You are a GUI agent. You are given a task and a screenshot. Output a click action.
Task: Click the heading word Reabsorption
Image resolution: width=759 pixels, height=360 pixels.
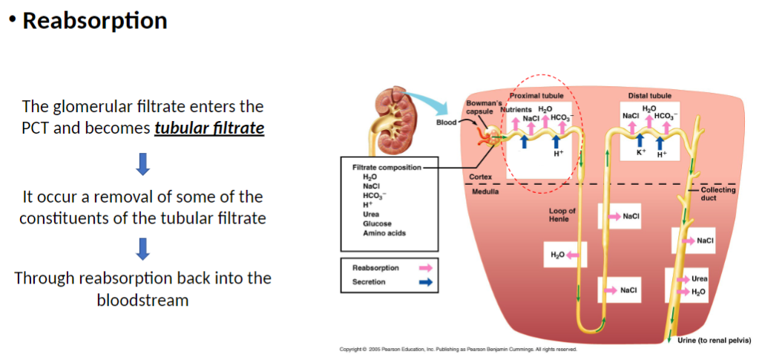pyautogui.click(x=94, y=21)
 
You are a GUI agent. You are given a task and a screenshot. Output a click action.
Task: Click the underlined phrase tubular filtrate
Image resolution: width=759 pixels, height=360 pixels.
pyautogui.click(x=209, y=128)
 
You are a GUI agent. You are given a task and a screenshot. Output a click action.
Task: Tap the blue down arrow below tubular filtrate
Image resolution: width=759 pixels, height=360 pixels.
pyautogui.click(x=144, y=164)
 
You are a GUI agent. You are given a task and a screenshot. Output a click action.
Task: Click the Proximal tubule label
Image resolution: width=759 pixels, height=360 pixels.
pyautogui.click(x=536, y=96)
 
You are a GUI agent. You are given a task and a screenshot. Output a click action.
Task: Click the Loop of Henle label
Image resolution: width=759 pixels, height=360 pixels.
pyautogui.click(x=562, y=215)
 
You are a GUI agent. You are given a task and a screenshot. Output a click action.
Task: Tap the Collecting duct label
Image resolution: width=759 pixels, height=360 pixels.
pyautogui.click(x=718, y=194)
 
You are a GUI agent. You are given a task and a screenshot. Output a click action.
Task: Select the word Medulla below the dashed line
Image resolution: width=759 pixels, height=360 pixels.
pyautogui.click(x=486, y=192)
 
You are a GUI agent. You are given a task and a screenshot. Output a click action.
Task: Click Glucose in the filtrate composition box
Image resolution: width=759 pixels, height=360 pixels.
pyautogui.click(x=377, y=223)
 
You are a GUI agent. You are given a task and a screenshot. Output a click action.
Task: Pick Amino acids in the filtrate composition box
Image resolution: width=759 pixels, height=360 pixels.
pyautogui.click(x=384, y=233)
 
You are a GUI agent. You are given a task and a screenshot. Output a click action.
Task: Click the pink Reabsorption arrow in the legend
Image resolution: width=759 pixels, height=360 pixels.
pyautogui.click(x=426, y=267)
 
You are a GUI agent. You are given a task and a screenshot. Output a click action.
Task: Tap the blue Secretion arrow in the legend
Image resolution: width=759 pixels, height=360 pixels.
pyautogui.click(x=426, y=282)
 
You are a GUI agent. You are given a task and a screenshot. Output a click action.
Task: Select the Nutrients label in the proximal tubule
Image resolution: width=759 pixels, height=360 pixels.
pyautogui.click(x=516, y=110)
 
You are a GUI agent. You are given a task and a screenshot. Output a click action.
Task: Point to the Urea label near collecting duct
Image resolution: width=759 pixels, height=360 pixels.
pyautogui.click(x=699, y=279)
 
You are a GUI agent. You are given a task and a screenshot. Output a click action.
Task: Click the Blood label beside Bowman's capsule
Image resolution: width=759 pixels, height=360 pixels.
pyautogui.click(x=446, y=122)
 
